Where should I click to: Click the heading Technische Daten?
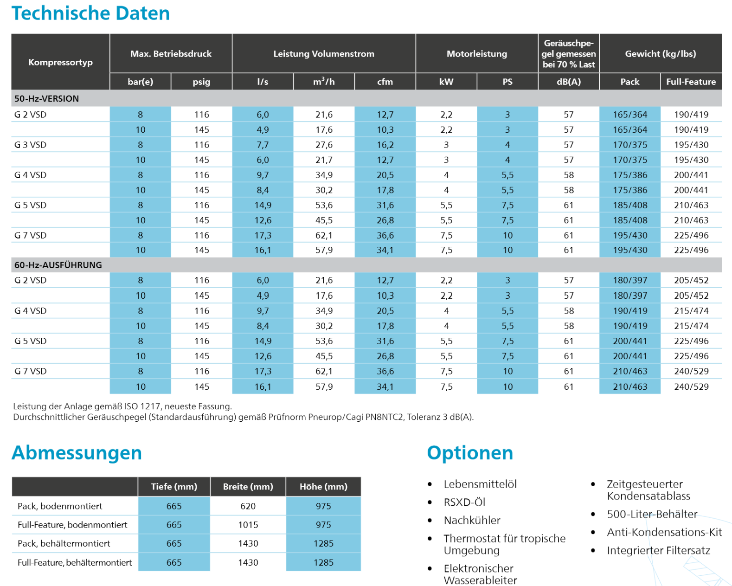pos(90,13)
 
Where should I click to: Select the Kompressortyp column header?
pos(60,62)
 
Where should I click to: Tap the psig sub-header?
pos(201,82)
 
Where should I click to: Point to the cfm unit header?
pos(385,82)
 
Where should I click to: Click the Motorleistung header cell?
pos(476,54)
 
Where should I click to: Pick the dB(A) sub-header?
pos(568,82)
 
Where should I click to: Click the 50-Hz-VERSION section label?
pos(46,98)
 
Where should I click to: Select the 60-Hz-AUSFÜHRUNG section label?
pos(58,265)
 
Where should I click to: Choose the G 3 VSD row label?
pos(31,145)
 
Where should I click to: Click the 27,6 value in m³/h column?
pos(324,145)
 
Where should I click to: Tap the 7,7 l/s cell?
pos(263,145)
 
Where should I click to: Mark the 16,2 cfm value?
pos(385,145)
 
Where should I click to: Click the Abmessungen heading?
pos(77,453)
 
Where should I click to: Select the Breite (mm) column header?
pos(248,487)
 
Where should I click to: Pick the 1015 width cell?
pos(248,525)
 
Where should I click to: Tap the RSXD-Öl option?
pos(464,502)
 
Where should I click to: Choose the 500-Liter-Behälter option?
pos(652,514)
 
